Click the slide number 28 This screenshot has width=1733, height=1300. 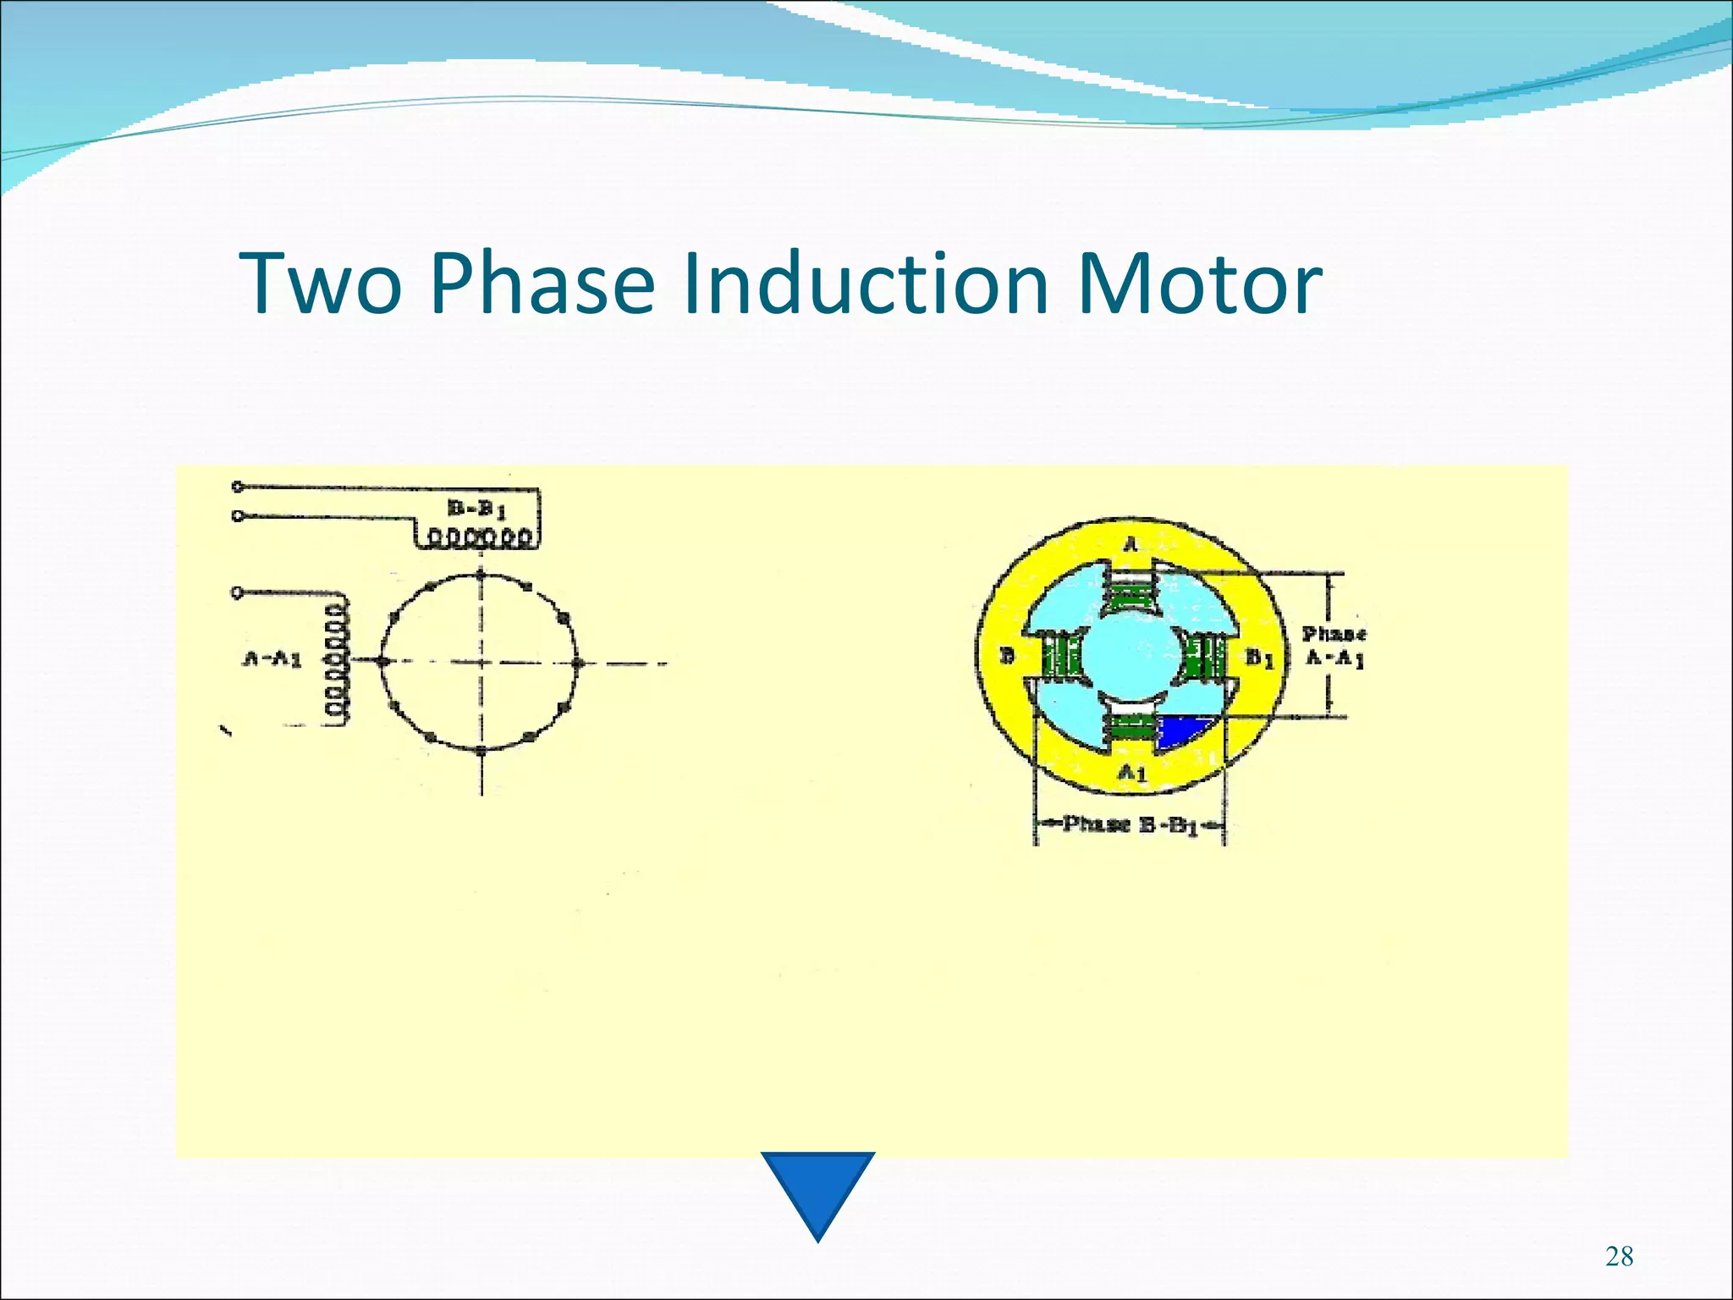pos(1619,1256)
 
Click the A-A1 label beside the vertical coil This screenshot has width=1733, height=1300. pos(272,658)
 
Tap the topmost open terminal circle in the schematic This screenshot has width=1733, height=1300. pos(238,487)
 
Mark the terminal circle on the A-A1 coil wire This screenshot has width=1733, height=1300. pos(237,592)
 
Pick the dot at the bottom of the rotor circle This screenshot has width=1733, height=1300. pos(481,750)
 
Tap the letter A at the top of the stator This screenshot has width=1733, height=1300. pos(1131,546)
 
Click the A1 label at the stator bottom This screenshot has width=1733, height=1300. pos(1131,772)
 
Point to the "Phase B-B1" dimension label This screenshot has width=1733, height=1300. pos(1130,824)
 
